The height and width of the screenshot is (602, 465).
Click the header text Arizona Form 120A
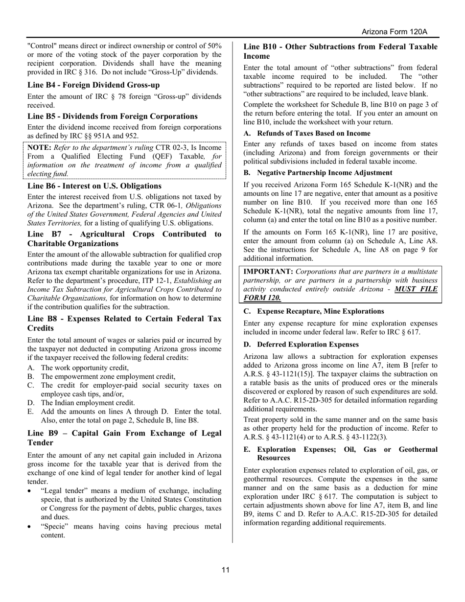[394, 32]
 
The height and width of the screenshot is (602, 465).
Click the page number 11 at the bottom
[226, 570]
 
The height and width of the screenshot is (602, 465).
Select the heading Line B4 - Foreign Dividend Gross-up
[93, 85]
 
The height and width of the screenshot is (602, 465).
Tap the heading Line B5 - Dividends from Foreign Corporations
[113, 116]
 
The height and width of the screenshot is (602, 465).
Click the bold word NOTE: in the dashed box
[39, 147]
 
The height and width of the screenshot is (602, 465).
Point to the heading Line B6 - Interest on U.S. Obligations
[94, 186]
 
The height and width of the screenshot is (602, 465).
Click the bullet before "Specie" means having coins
[31, 526]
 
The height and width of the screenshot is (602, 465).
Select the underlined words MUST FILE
[416, 289]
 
